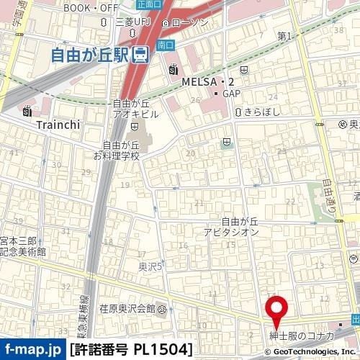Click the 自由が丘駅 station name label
[92, 55]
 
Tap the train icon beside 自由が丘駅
[142, 55]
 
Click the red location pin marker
[277, 310]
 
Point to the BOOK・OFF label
[91, 8]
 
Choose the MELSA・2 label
[207, 81]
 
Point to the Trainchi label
[58, 124]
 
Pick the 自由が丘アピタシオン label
[230, 228]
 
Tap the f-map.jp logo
[32, 350]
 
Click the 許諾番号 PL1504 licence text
[131, 350]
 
